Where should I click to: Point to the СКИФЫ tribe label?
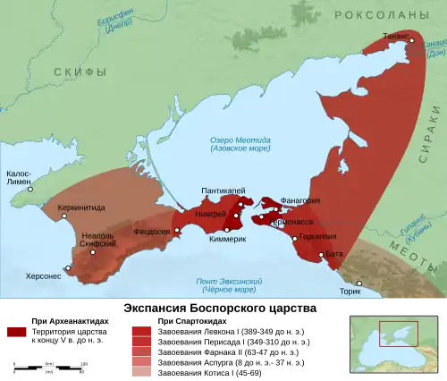point(80,72)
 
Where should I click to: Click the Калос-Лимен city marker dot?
point(30,190)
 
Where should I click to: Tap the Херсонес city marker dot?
point(67,267)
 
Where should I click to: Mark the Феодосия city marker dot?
point(177,230)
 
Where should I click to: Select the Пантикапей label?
point(221,190)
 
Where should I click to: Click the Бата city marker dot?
point(322,256)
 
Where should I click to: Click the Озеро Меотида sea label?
point(233,144)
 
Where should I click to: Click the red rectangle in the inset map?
point(398,334)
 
